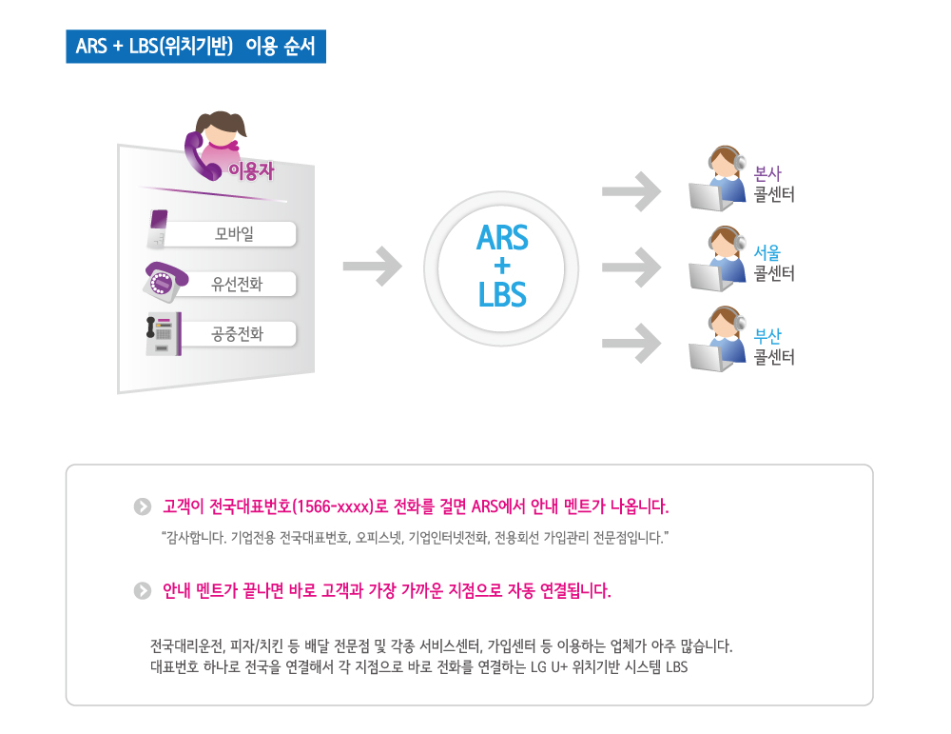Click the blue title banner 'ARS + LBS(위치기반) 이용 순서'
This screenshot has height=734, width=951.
pyautogui.click(x=196, y=46)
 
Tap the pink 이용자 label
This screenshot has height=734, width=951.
pyautogui.click(x=251, y=170)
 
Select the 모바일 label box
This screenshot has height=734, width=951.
pyautogui.click(x=233, y=234)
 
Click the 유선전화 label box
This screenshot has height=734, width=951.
pyautogui.click(x=237, y=284)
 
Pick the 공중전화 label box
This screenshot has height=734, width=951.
pyautogui.click(x=237, y=333)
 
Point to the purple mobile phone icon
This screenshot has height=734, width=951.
pyautogui.click(x=157, y=228)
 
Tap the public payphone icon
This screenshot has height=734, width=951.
pyautogui.click(x=164, y=333)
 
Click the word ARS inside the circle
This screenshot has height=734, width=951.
pyautogui.click(x=502, y=237)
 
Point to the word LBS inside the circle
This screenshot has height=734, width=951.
pyautogui.click(x=502, y=294)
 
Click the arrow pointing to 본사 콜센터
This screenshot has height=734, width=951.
pyautogui.click(x=631, y=191)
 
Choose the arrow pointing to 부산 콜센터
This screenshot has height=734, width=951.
pyautogui.click(x=631, y=343)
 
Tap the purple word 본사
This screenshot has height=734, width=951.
pyautogui.click(x=767, y=173)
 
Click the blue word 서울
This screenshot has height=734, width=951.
pyautogui.click(x=767, y=252)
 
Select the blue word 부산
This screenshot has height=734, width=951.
pyautogui.click(x=767, y=336)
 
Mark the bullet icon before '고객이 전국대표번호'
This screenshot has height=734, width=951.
pyautogui.click(x=143, y=506)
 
